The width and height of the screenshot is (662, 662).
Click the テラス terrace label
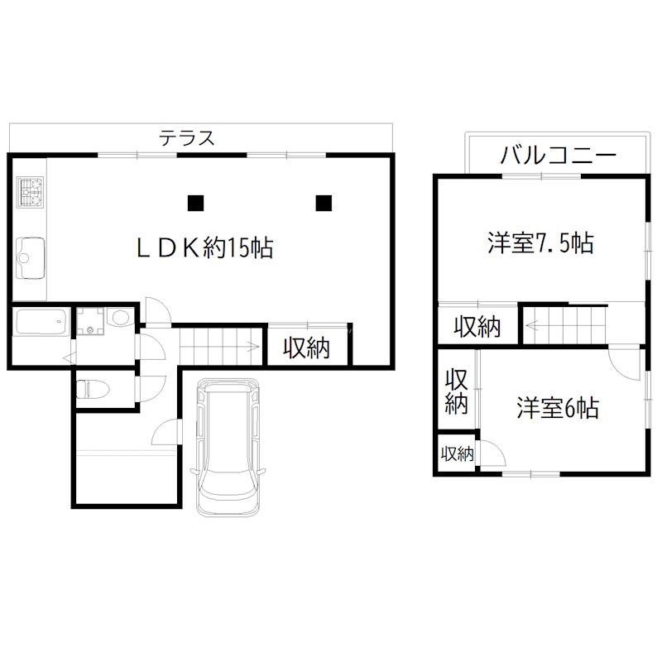point(188,138)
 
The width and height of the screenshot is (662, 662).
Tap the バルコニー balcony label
point(558,156)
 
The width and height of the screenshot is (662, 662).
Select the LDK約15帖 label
point(205,247)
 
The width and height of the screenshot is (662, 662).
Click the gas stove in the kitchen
point(31,194)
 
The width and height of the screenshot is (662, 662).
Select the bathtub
point(41,320)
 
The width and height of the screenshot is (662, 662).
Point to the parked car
point(228,447)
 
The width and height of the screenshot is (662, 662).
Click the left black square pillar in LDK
point(195,201)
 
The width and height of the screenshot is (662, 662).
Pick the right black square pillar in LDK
point(324,201)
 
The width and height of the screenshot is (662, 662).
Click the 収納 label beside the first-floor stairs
point(307,348)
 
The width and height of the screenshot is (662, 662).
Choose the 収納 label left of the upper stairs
point(477,327)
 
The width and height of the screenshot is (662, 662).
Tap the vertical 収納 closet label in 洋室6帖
point(456,392)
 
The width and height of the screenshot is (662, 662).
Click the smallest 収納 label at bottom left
point(456,453)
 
